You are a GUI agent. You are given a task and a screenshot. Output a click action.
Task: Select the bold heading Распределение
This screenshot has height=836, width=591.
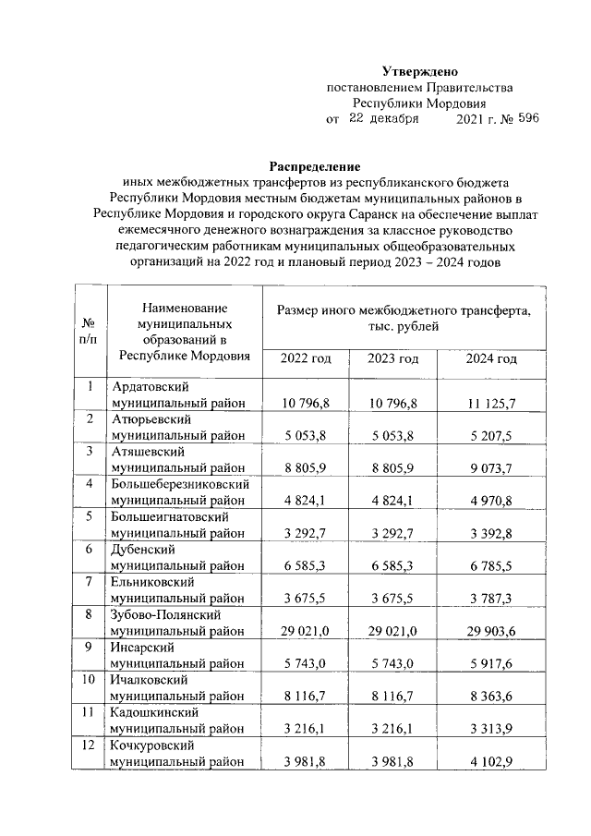click(x=314, y=166)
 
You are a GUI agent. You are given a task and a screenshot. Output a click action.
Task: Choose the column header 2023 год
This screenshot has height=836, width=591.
click(x=393, y=358)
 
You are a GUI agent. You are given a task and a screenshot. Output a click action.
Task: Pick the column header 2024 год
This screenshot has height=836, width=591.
click(x=490, y=358)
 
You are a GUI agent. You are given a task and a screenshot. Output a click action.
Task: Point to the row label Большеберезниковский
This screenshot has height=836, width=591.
click(x=180, y=484)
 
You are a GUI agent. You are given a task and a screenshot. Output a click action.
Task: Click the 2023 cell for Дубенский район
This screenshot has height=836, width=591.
click(x=393, y=565)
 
